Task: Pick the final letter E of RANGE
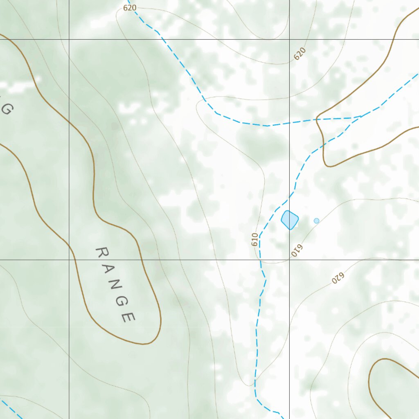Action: click(128, 317)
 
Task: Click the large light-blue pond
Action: click(289, 220)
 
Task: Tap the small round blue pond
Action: click(316, 221)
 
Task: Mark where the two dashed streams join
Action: click(360, 117)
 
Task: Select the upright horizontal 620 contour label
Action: click(129, 7)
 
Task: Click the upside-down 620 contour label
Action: click(338, 278)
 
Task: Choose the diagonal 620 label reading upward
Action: click(300, 54)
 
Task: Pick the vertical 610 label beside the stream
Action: click(255, 239)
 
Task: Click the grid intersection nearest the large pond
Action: click(289, 259)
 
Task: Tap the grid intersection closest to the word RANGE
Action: click(69, 259)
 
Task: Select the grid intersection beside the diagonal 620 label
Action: click(289, 39)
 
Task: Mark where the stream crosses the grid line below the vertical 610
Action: click(261, 259)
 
